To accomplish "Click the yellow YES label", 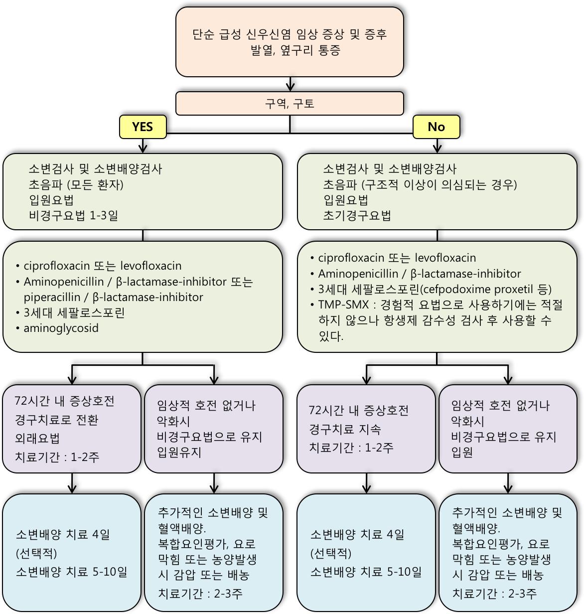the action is tap(143, 127).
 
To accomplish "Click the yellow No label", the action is tap(436, 127).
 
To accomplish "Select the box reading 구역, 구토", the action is tap(290, 103).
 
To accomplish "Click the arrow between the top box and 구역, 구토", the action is tap(291, 84).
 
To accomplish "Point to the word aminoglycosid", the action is tap(61, 328).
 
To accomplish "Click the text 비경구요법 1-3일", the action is tap(73, 215).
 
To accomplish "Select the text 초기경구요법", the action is tap(357, 215).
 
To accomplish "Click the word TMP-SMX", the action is tap(343, 305).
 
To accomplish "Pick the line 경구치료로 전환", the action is tap(56, 420).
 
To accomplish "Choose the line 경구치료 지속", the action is tap(345, 429).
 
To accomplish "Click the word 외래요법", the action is tap(37, 438).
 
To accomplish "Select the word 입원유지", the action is tap(179, 452).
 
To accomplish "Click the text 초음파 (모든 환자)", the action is tap(76, 184).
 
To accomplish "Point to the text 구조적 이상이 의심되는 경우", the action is tap(439, 184).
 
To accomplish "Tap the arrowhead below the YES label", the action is tap(143, 149).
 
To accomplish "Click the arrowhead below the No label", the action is tap(437, 149).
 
